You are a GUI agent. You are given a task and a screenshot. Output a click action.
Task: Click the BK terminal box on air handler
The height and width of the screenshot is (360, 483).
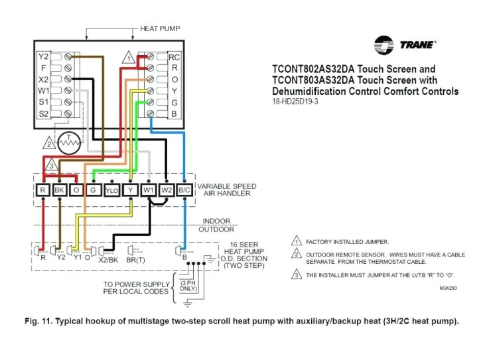[x=60, y=191]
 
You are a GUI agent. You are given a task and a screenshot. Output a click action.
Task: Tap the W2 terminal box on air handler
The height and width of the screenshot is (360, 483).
[x=167, y=191]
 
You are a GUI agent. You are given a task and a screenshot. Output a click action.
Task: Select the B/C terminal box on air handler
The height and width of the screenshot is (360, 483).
[x=185, y=191]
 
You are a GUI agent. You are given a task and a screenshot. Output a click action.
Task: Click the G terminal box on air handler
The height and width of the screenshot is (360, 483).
[x=94, y=191]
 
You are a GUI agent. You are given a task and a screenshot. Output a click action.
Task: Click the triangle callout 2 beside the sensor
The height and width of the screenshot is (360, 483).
[x=47, y=143]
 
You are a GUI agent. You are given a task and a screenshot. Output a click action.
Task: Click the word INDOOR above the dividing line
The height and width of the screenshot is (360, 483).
[x=216, y=221]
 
